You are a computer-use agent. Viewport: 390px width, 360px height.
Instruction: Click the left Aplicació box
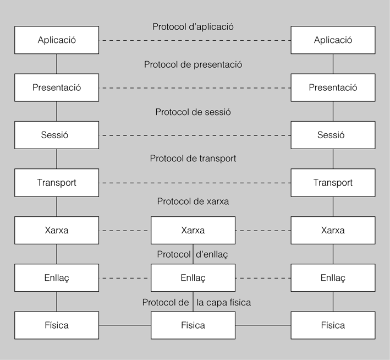click(x=57, y=40)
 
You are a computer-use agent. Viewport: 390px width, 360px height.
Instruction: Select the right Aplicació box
click(x=333, y=40)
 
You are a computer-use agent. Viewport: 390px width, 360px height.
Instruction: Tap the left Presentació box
click(x=57, y=88)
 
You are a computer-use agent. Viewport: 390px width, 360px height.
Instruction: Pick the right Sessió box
click(x=333, y=135)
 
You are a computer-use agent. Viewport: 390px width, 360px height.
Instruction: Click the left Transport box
click(x=57, y=183)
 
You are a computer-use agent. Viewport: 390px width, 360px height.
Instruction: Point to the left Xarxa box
click(x=57, y=231)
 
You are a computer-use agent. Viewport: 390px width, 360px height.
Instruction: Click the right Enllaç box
click(x=333, y=278)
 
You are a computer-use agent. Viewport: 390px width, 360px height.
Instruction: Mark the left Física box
click(x=57, y=325)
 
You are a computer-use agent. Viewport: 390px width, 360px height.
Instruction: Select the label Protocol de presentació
click(x=193, y=64)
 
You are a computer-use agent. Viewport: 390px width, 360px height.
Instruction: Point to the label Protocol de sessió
click(x=193, y=112)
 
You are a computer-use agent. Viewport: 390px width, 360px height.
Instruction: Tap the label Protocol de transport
click(x=193, y=159)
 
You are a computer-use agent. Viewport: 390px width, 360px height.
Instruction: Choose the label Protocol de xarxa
click(x=193, y=201)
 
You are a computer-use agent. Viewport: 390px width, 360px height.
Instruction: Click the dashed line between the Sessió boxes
click(x=195, y=135)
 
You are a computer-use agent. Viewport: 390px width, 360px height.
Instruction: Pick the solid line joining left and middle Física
click(x=125, y=325)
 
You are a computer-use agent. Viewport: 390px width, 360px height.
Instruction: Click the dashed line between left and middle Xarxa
click(x=125, y=231)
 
